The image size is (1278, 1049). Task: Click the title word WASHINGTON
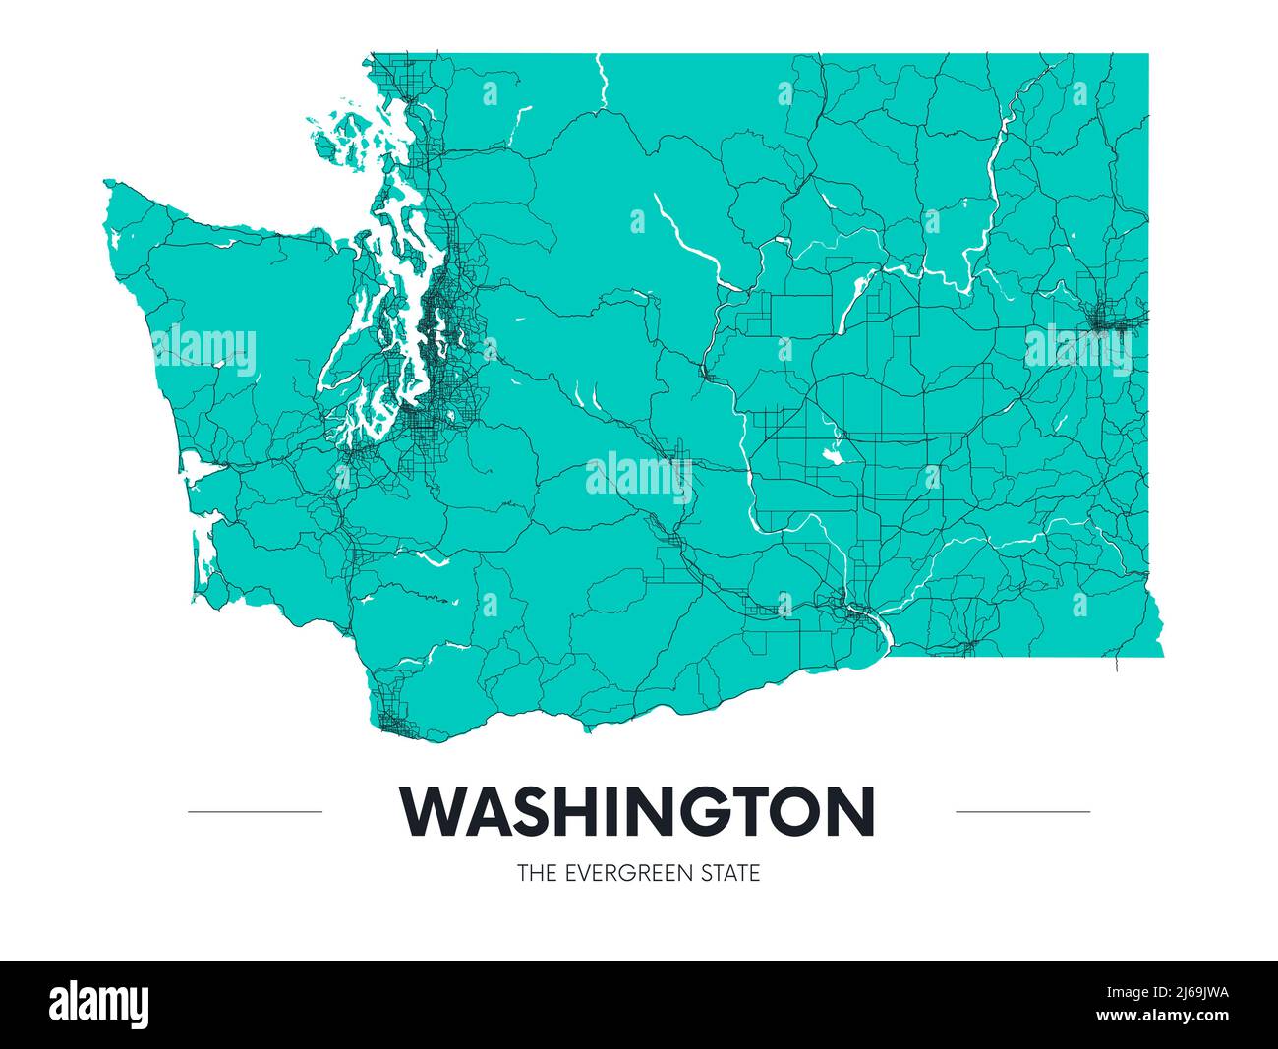click(x=637, y=811)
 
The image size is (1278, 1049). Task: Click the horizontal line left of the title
click(x=255, y=812)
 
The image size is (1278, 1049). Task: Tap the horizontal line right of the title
click(x=1022, y=812)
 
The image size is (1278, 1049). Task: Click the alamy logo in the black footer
click(x=99, y=1004)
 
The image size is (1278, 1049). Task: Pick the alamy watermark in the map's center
click(x=639, y=478)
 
